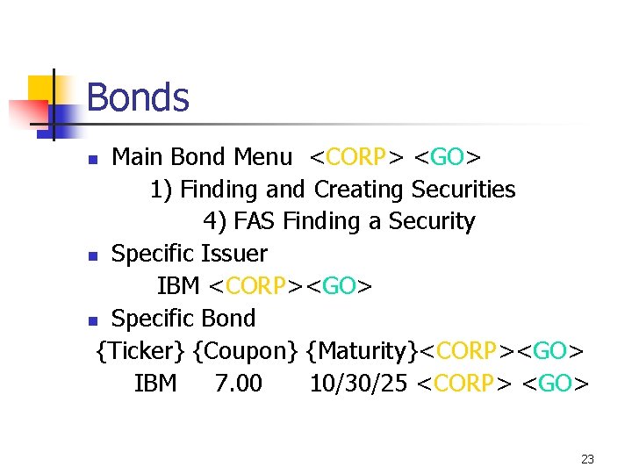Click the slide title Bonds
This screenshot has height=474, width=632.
[138, 97]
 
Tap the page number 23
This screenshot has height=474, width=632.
[587, 459]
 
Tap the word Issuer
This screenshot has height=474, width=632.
[234, 254]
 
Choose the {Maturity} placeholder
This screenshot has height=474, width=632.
[363, 351]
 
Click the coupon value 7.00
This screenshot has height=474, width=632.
[239, 384]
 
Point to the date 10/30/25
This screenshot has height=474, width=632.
[358, 384]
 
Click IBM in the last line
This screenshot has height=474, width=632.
[155, 384]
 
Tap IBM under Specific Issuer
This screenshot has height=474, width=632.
[179, 286]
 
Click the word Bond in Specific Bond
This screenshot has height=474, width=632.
[229, 319]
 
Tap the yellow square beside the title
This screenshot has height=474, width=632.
[41, 88]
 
